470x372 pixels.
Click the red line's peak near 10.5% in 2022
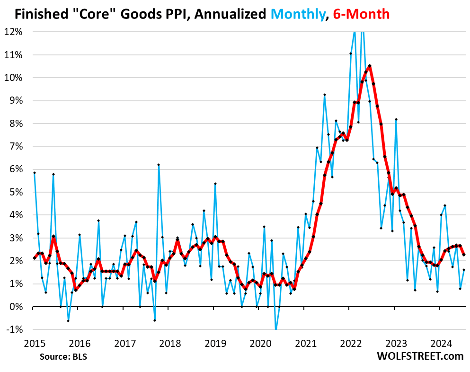pos(369,66)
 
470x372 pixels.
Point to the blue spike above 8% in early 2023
pos(396,119)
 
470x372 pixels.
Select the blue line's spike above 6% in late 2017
pos(159,165)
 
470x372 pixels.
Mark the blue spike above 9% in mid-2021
pos(324,95)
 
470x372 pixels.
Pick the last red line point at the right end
pos(463,255)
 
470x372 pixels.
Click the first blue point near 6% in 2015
pos(35,173)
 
